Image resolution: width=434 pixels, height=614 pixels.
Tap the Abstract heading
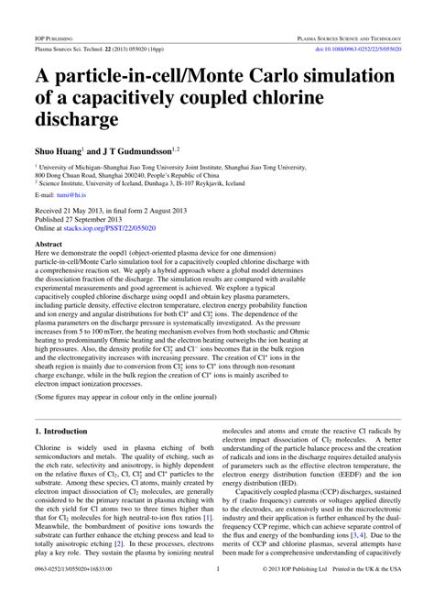(49, 247)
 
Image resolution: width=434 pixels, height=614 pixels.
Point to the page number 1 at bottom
(217, 596)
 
